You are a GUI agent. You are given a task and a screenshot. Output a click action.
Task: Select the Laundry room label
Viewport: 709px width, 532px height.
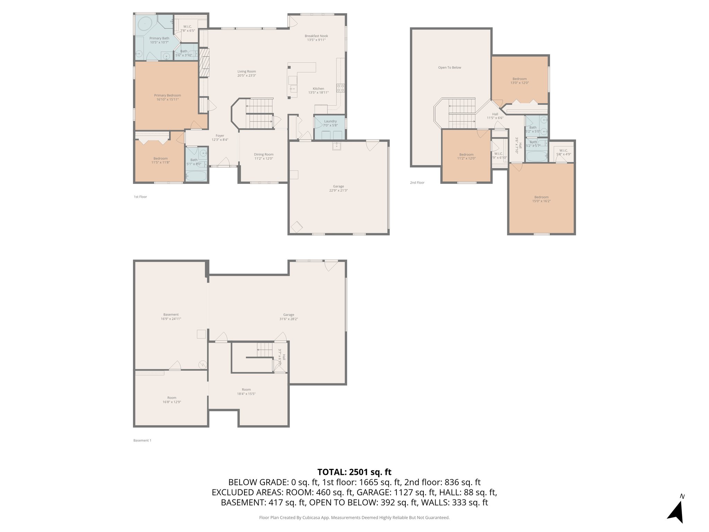point(330,122)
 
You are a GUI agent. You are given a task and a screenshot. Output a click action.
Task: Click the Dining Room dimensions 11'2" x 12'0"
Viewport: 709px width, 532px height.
point(264,159)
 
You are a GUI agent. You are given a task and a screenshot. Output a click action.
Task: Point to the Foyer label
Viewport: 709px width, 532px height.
point(220,136)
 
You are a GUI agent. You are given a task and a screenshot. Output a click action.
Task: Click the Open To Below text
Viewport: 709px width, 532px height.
point(449,68)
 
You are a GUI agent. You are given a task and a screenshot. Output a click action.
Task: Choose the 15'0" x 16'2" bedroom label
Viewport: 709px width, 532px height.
point(541,199)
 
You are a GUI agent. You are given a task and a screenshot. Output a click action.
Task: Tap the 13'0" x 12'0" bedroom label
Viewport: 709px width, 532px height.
point(519,81)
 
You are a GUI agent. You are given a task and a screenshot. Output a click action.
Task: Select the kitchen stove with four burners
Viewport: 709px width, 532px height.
point(341,88)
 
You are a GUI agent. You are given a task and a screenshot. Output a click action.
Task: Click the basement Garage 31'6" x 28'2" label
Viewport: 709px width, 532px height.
point(288,317)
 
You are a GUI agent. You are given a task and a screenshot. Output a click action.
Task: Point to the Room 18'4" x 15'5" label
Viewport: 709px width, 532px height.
point(246,391)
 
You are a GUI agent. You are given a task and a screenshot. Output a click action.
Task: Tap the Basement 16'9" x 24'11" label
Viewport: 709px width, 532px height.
point(171,317)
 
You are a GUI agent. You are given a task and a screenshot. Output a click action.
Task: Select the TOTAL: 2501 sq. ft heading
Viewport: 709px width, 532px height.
point(354,472)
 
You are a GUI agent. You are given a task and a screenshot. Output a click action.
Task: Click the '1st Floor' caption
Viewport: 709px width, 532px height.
point(140,197)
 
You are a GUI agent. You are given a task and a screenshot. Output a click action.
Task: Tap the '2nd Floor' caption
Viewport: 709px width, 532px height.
point(417,183)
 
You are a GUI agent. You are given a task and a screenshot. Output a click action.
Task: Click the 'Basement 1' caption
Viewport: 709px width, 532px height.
point(142,441)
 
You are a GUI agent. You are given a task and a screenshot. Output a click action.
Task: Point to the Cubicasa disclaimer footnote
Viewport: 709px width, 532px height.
point(354,518)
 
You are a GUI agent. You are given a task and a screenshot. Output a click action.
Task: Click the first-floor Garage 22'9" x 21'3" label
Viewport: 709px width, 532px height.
point(338,188)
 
